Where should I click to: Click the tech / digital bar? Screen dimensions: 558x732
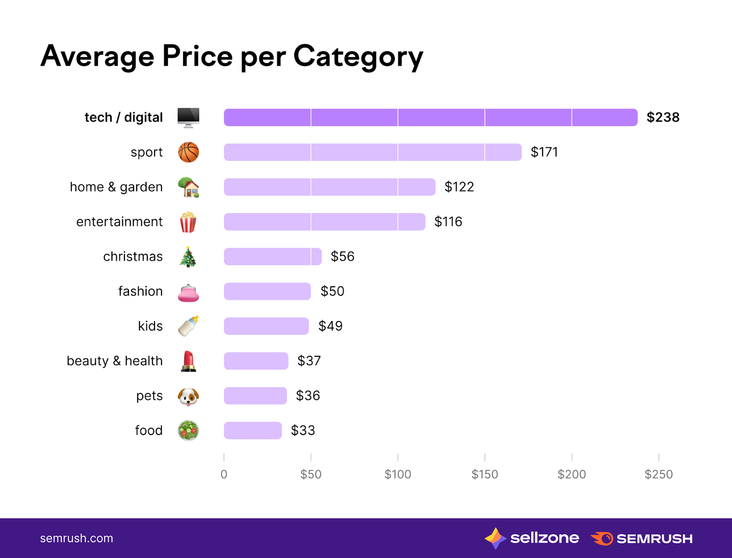[430, 118]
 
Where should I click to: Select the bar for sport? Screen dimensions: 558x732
[372, 152]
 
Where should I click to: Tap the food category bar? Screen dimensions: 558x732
[253, 430]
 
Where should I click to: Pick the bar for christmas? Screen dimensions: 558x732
[273, 257]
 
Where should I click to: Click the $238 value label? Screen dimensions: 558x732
[663, 118]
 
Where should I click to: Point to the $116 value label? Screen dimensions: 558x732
[448, 222]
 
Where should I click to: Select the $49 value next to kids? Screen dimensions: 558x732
[330, 326]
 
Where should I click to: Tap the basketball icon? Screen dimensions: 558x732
[188, 152]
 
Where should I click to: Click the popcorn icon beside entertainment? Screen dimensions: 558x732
[188, 222]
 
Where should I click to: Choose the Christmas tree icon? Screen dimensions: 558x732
[188, 257]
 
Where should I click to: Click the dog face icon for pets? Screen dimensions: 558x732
[188, 396]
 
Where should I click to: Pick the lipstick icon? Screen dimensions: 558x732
[188, 361]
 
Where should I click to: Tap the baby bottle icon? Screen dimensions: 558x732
[188, 326]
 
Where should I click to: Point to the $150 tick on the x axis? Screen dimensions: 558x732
[484, 474]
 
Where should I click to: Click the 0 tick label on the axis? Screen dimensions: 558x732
[224, 474]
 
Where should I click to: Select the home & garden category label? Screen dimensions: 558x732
[116, 187]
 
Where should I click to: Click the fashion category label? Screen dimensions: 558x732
[140, 291]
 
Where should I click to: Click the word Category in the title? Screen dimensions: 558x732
[358, 57]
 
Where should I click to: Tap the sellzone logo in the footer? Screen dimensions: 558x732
[532, 538]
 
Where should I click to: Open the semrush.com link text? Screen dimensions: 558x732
[76, 538]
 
